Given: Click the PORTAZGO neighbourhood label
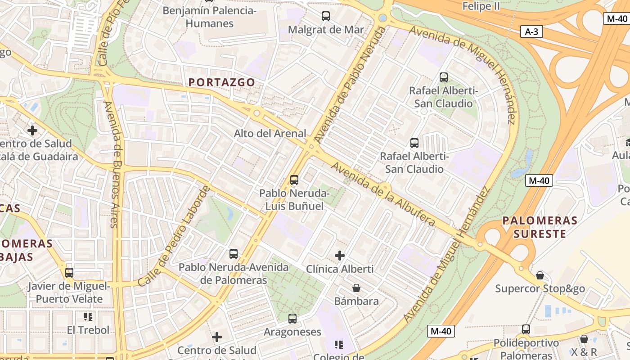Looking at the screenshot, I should pyautogui.click(x=222, y=82).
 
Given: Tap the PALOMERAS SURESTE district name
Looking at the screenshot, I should pyautogui.click(x=540, y=227).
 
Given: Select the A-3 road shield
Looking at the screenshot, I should pyautogui.click(x=531, y=31).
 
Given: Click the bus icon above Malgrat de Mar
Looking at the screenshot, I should pyautogui.click(x=326, y=16).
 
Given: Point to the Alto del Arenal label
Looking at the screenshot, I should pyautogui.click(x=270, y=134).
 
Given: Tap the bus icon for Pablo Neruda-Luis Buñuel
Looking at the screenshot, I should pyautogui.click(x=294, y=180).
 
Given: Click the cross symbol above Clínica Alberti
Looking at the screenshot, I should pyautogui.click(x=340, y=256).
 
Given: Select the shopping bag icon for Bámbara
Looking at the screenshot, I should pyautogui.click(x=356, y=288).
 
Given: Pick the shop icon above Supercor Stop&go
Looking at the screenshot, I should pyautogui.click(x=540, y=275).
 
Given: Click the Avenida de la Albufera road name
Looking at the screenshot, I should pyautogui.click(x=383, y=194).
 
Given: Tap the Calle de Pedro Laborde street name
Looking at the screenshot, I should pyautogui.click(x=174, y=236).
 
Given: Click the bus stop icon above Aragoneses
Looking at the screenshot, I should pyautogui.click(x=292, y=319).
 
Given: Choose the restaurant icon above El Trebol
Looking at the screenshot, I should pyautogui.click(x=88, y=317).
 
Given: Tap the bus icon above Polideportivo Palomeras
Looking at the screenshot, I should pyautogui.click(x=526, y=329).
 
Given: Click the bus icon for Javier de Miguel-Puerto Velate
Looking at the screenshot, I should pyautogui.click(x=69, y=273).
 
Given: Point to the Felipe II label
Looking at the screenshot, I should pyautogui.click(x=481, y=6).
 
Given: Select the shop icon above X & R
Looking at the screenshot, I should pyautogui.click(x=584, y=339).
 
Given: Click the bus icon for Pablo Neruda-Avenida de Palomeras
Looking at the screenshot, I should pyautogui.click(x=234, y=254).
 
